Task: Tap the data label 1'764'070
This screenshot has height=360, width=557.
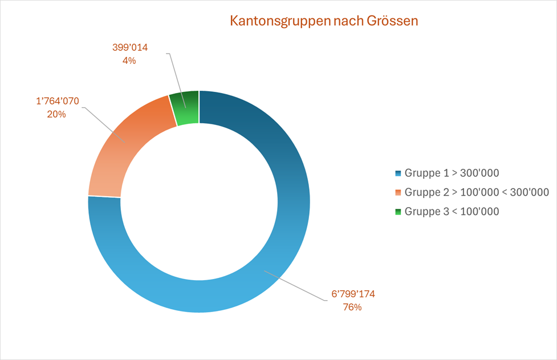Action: pos(57,102)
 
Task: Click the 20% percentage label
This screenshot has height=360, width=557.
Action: pos(56,114)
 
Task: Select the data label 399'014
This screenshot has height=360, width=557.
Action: pos(129,48)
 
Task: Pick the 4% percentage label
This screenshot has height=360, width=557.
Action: pos(129,60)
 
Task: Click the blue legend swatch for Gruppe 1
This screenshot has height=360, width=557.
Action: pos(398,173)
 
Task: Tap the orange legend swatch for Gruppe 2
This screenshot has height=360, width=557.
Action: pos(398,192)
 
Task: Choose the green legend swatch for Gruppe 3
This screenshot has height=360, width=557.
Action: pos(398,212)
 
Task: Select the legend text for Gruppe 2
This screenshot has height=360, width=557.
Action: pos(476,192)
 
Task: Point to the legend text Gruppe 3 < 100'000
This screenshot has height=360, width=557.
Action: pos(452,212)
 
